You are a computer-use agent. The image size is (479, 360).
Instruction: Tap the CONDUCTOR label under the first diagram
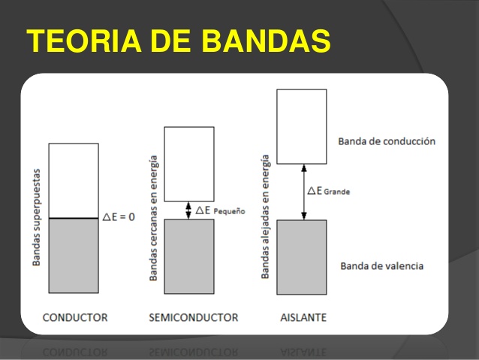pyautogui.click(x=75, y=317)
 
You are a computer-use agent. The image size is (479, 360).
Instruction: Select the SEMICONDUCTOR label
pyautogui.click(x=194, y=317)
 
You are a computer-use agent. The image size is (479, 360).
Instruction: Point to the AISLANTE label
pyautogui.click(x=303, y=317)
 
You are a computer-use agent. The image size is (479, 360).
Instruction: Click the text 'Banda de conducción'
pyautogui.click(x=386, y=141)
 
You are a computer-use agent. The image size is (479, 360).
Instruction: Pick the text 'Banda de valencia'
pyautogui.click(x=381, y=266)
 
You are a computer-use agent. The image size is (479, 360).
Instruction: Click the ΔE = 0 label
pyautogui.click(x=119, y=217)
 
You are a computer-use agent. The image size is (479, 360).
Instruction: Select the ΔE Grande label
pyautogui.click(x=329, y=191)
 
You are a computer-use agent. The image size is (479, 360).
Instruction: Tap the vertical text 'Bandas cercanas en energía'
pyautogui.click(x=154, y=218)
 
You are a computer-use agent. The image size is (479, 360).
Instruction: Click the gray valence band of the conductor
pyautogui.click(x=74, y=256)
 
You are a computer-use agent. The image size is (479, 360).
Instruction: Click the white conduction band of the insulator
pyautogui.click(x=301, y=126)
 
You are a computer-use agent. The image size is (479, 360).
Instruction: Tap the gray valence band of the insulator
pyautogui.click(x=301, y=257)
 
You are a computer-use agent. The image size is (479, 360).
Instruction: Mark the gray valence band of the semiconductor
pyautogui.click(x=188, y=256)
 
